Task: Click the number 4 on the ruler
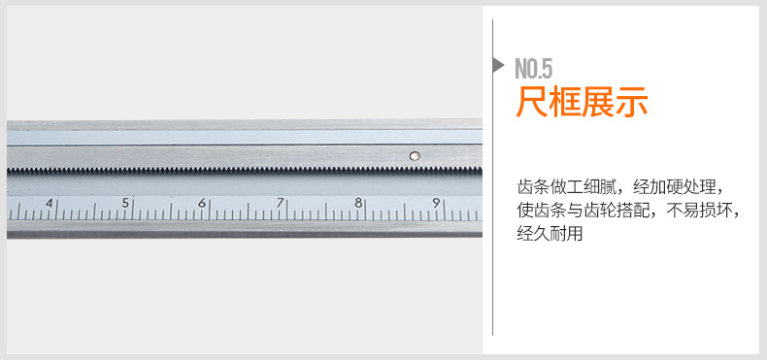50,203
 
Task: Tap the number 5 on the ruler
125,203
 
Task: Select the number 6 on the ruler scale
202,203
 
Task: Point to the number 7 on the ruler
280,203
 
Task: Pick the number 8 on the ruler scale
358,203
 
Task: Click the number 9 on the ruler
436,203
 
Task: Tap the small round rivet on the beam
415,156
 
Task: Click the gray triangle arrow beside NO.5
498,65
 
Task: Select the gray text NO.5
534,69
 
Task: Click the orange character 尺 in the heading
532,101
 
